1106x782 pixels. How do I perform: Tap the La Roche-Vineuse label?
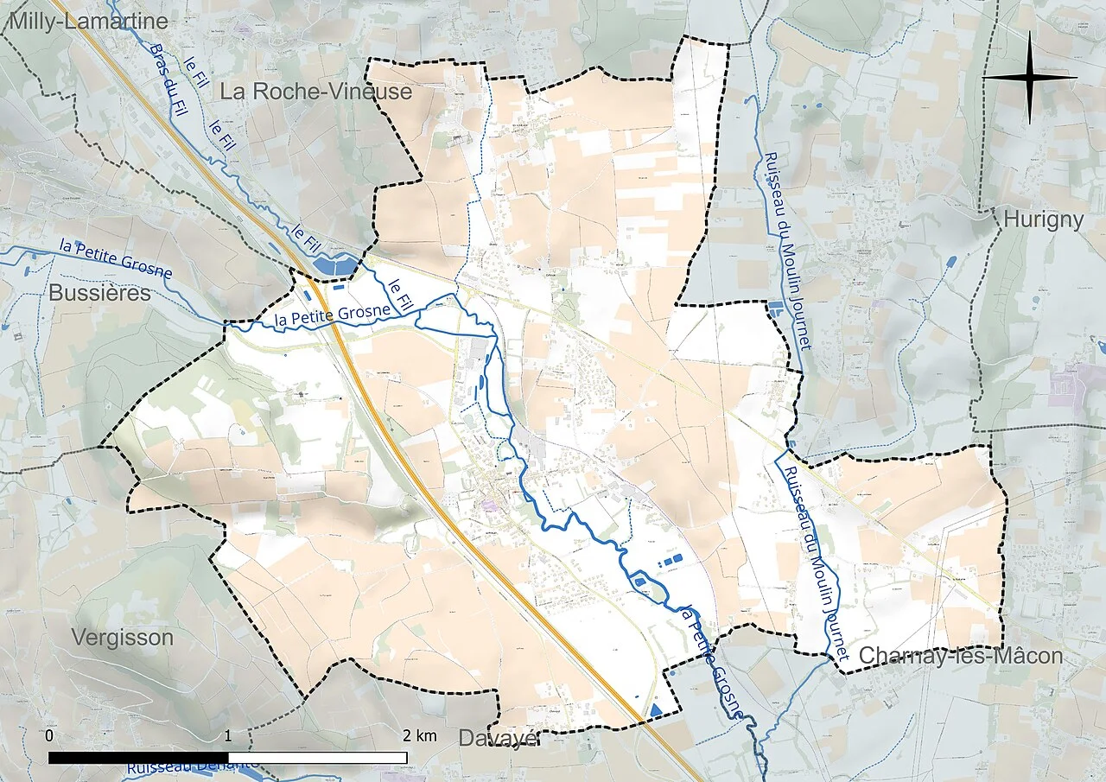315,92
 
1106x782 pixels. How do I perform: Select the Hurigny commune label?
1043,219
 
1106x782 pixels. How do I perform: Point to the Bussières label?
99,293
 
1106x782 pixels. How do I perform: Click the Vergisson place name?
122,638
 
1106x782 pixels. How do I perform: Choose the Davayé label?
499,738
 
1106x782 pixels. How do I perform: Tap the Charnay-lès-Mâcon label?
960,656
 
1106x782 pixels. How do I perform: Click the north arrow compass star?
1030,77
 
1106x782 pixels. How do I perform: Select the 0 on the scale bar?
49,736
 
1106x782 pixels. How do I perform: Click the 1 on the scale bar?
227,736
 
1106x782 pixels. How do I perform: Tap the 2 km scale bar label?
419,736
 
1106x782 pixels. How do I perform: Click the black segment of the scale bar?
138,758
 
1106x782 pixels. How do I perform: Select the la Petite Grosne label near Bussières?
117,258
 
